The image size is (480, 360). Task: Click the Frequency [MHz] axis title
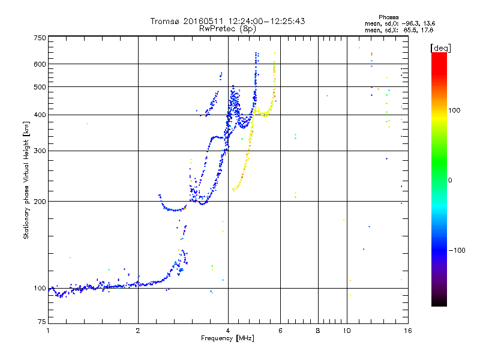click(228, 339)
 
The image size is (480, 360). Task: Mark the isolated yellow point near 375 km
click(87, 124)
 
